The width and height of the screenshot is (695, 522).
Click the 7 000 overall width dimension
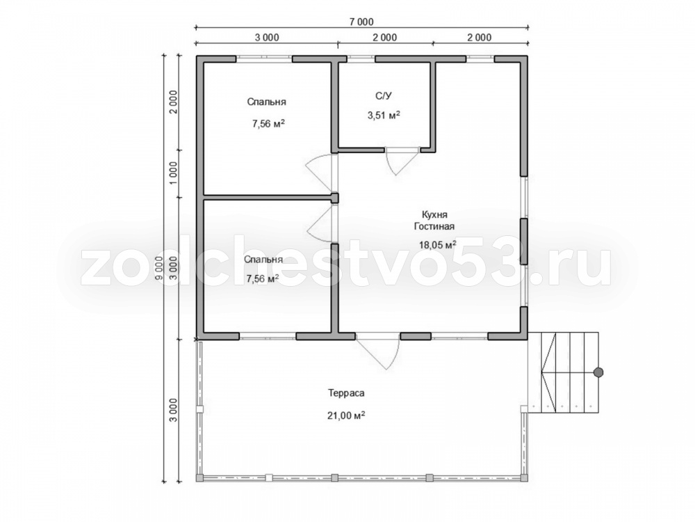pyautogui.click(x=361, y=22)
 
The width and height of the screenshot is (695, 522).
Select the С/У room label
pyautogui.click(x=384, y=95)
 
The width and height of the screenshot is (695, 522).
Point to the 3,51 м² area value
pyautogui.click(x=384, y=116)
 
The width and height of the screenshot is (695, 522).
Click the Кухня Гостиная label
pyautogui.click(x=434, y=221)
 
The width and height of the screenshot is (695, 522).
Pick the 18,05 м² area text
pyautogui.click(x=438, y=244)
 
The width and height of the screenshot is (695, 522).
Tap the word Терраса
pyautogui.click(x=346, y=393)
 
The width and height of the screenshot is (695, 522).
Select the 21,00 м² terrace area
pyautogui.click(x=346, y=416)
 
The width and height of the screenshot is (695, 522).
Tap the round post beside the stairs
pyautogui.click(x=598, y=373)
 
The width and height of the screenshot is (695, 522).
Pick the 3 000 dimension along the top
pyautogui.click(x=267, y=38)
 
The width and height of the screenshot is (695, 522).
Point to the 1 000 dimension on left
pyautogui.click(x=173, y=173)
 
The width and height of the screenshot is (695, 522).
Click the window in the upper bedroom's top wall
pyautogui.click(x=263, y=58)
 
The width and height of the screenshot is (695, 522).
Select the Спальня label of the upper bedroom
pyautogui.click(x=266, y=102)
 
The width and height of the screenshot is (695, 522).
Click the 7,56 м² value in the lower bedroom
pyautogui.click(x=263, y=279)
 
